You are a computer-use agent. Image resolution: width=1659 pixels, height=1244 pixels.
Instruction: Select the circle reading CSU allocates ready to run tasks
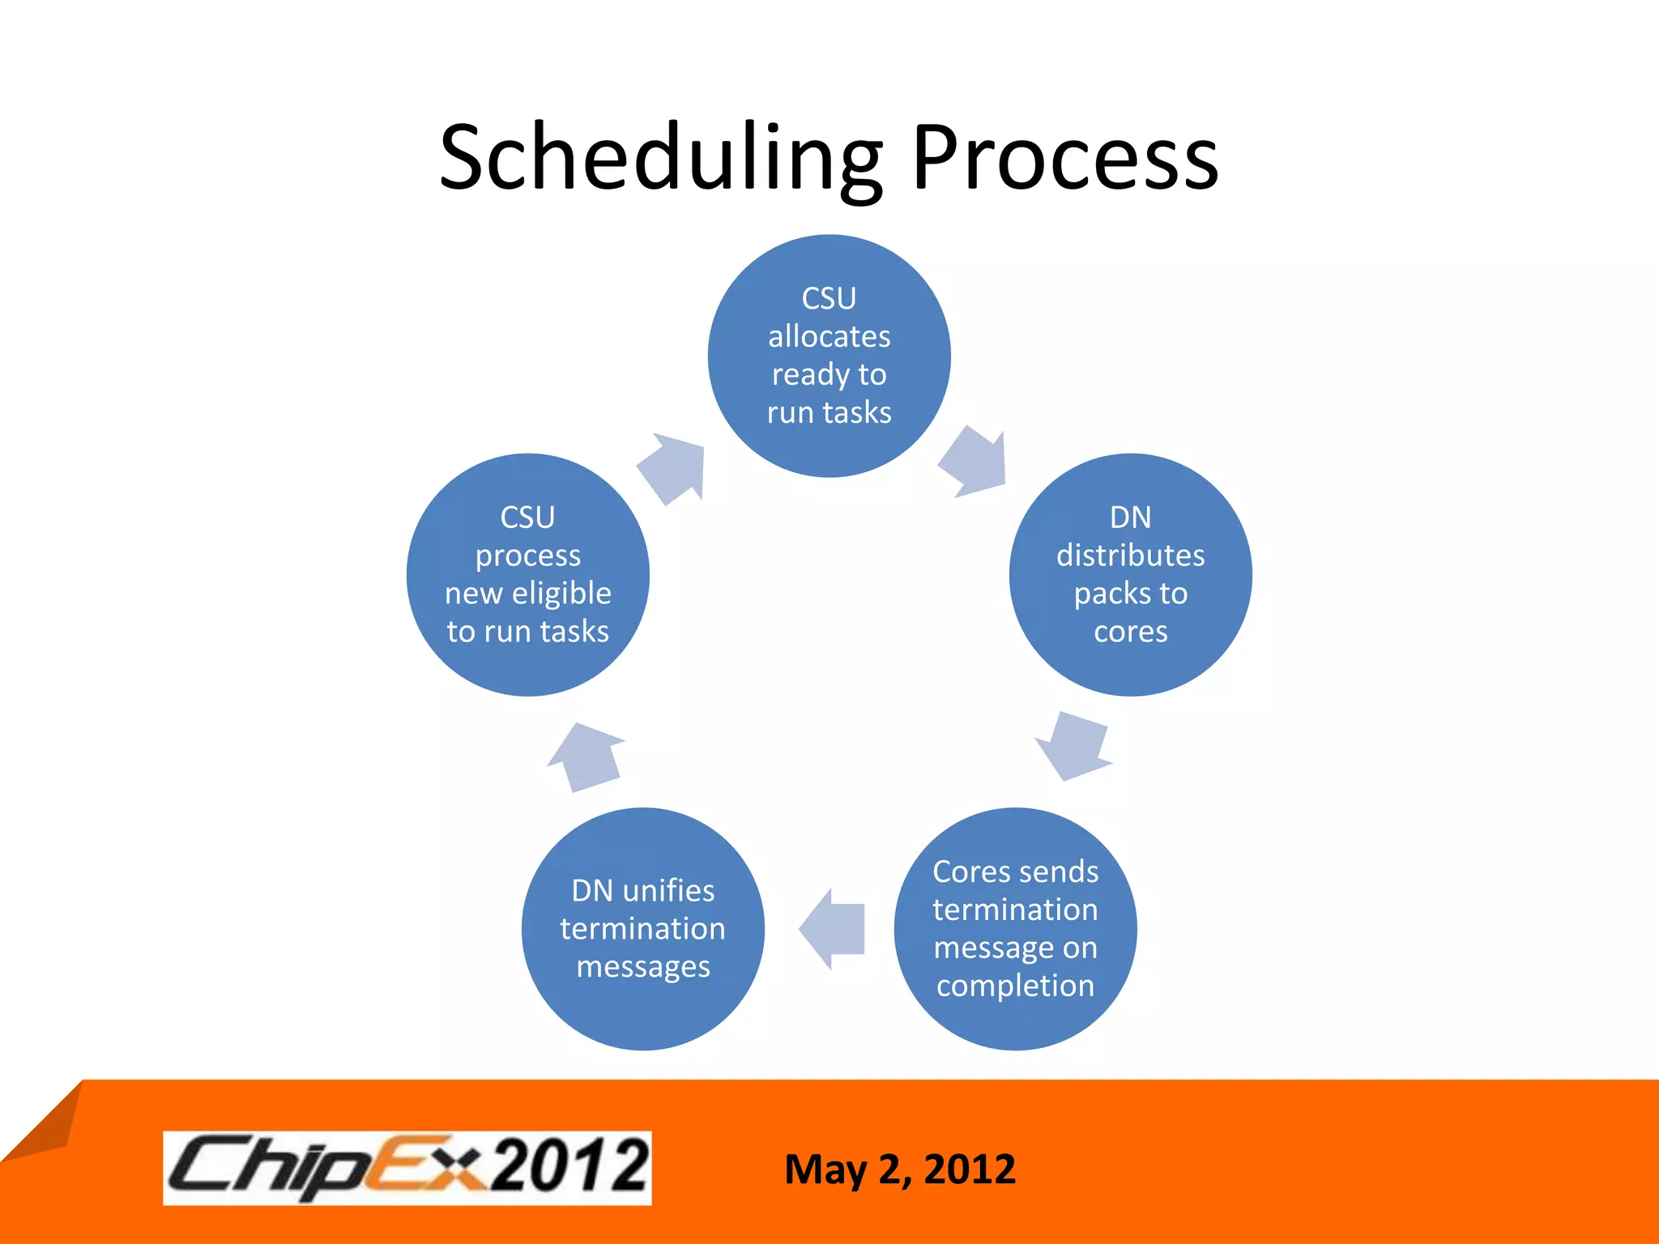[x=829, y=356]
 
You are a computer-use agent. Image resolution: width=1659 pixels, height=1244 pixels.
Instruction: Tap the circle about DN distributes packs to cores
[x=1130, y=575]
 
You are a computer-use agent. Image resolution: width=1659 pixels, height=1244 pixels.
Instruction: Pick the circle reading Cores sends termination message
[x=1015, y=929]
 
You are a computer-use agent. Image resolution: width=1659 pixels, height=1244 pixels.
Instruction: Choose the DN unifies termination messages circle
[x=642, y=929]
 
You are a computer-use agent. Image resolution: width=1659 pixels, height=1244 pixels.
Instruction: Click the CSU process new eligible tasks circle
[x=527, y=575]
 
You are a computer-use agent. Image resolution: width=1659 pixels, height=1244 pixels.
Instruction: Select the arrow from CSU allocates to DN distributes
[x=976, y=462]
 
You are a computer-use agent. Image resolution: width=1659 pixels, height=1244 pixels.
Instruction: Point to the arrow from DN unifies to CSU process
[x=586, y=757]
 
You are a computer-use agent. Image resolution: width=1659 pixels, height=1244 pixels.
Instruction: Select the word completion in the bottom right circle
[x=1015, y=986]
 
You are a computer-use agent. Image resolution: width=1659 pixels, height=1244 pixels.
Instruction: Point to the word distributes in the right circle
[x=1130, y=556]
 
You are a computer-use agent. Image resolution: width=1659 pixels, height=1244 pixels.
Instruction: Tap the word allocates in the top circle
[x=829, y=336]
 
